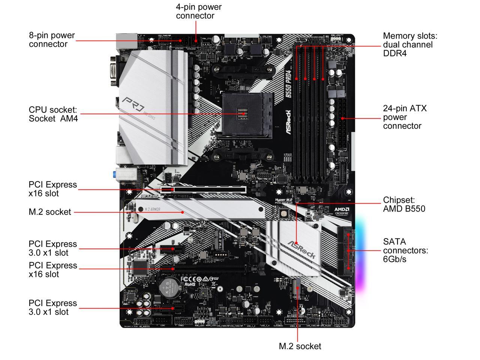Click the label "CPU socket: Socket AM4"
click(53, 114)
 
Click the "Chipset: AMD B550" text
click(404, 204)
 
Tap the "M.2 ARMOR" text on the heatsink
click(153, 209)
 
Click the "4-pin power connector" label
click(198, 11)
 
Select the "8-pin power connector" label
click(52, 39)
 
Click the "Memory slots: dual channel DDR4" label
click(410, 44)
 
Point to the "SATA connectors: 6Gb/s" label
click(405, 250)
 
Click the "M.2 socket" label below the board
click(300, 346)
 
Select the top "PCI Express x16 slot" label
click(52, 189)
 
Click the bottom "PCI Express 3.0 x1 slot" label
click(52, 307)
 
